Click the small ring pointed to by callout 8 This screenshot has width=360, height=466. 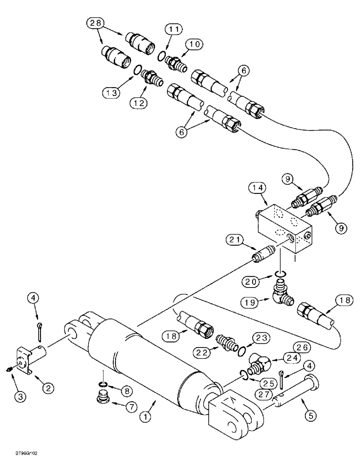[x=105, y=384]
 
